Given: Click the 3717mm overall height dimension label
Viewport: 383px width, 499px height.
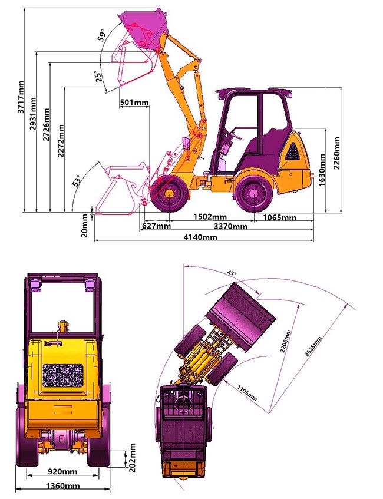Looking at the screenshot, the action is coord(21,97).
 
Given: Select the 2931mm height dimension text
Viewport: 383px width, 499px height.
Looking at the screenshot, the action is coord(33,114).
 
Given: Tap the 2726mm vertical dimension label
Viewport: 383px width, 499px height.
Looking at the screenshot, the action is coord(47,124).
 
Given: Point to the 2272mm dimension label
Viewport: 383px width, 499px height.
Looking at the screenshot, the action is coord(61,141).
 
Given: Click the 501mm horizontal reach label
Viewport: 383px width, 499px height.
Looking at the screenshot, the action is coord(134,102).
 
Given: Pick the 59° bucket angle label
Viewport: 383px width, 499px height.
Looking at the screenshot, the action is coord(101,35).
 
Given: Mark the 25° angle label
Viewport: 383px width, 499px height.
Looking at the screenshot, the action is coord(99,77).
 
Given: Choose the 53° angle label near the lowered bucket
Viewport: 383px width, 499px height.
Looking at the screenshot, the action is coord(77,180).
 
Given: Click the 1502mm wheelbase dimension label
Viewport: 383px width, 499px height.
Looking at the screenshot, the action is coord(210,217).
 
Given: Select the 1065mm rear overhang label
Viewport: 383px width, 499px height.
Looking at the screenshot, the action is coord(279,217).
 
